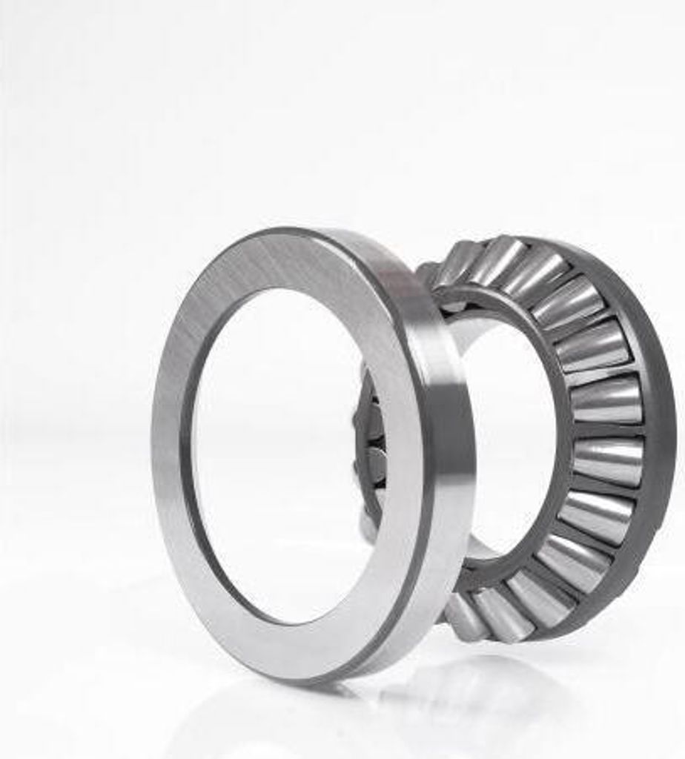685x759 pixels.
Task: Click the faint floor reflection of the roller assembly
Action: click(474, 689)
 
